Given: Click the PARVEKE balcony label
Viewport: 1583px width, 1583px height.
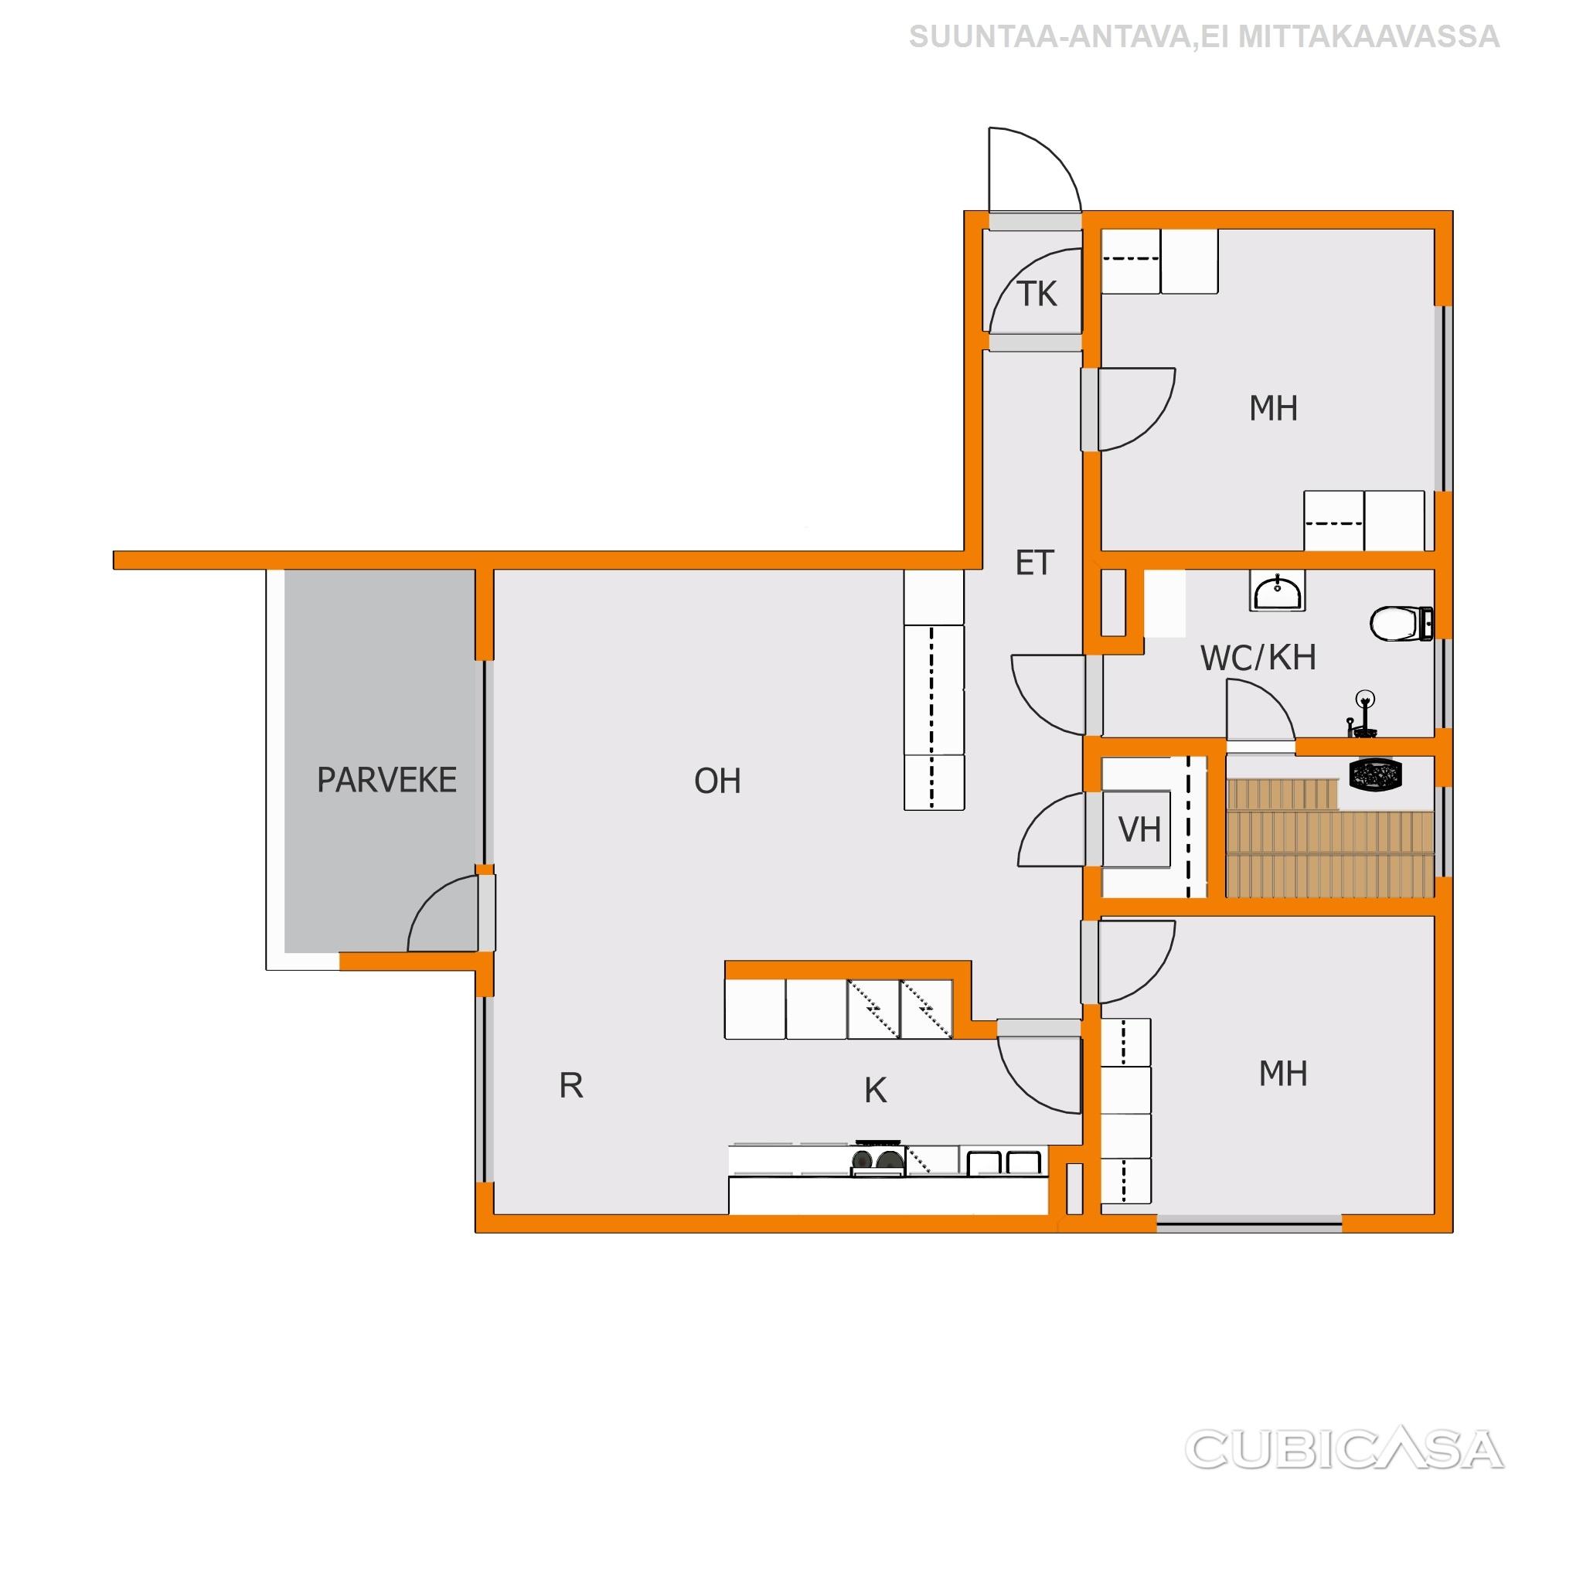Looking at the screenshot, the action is (x=386, y=780).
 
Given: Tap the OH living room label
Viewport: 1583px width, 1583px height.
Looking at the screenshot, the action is (x=717, y=781).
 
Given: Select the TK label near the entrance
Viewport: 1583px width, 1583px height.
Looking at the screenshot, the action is (x=1037, y=293).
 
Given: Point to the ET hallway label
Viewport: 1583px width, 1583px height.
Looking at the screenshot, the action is (x=1034, y=563).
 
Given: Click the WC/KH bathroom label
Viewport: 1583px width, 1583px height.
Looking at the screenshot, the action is (x=1258, y=658).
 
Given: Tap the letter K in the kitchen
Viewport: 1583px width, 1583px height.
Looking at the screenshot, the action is (x=875, y=1091).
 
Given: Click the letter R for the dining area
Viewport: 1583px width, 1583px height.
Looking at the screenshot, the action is (x=571, y=1086).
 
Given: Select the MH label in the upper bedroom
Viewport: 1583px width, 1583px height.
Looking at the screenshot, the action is (x=1273, y=408).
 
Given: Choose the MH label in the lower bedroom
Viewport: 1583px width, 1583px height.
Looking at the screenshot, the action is (x=1283, y=1074).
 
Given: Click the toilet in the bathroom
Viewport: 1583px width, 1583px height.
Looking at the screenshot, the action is (x=1402, y=624).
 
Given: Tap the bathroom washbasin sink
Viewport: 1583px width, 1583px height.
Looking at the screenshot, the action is (x=1278, y=591).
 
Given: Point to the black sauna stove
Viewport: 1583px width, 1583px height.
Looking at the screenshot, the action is (x=1376, y=775).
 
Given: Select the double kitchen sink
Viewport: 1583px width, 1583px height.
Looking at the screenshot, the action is (x=1004, y=1162).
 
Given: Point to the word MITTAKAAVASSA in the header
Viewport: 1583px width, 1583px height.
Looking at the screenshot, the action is (x=1368, y=37).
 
